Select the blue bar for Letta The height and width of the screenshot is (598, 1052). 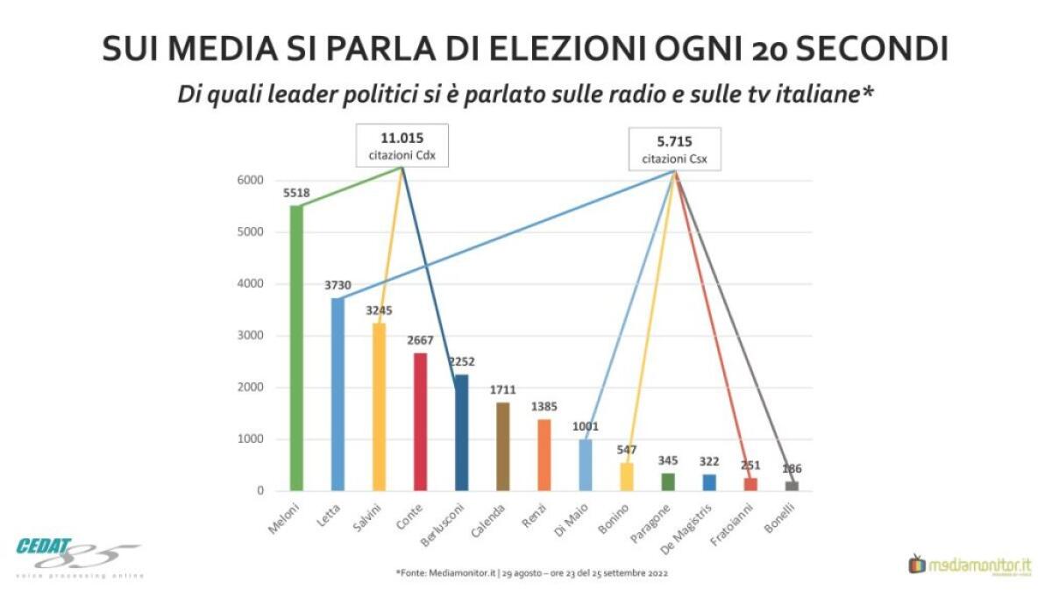(338, 395)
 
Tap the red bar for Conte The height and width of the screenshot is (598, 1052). (420, 422)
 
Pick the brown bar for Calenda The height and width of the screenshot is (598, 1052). (502, 446)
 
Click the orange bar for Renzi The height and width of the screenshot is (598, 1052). (544, 455)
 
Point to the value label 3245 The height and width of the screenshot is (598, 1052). (379, 310)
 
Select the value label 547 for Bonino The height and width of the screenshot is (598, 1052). (626, 449)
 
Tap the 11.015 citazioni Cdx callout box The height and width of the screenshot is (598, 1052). (402, 146)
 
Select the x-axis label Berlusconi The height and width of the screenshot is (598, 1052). (448, 523)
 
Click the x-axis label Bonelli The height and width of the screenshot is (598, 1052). (783, 517)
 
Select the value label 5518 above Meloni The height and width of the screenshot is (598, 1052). (296, 192)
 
